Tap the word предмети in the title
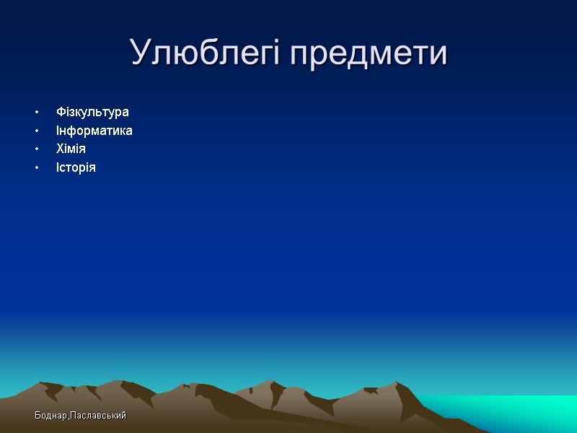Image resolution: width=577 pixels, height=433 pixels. coord(369,54)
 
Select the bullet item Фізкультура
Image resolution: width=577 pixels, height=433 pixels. coord(92,112)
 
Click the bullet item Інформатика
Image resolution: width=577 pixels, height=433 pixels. coord(94,131)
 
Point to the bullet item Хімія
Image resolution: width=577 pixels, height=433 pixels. coord(71,149)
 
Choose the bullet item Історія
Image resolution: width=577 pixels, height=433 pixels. coord(76,167)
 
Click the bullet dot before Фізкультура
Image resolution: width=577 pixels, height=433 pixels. coord(34,113)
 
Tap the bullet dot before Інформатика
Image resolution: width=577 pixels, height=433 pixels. coord(34,131)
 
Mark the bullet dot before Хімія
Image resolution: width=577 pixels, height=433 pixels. coord(34,149)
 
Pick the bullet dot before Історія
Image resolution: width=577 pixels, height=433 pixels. coord(34,168)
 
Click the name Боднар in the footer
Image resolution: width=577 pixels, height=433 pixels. coord(51,416)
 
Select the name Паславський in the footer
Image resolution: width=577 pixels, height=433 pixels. coord(99,416)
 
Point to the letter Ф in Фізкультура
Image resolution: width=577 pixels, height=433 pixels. coord(61,112)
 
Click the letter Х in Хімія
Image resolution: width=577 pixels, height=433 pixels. coord(60,149)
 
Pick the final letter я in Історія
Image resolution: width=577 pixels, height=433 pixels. coord(92,168)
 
